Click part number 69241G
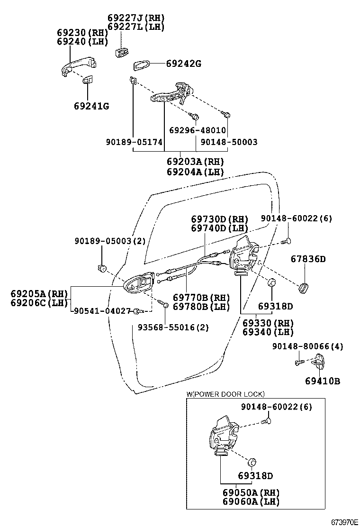[91, 106]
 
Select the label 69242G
[183, 64]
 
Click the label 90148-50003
[229, 142]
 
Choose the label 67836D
[308, 259]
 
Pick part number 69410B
[322, 381]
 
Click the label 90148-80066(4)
[307, 347]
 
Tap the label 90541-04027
[101, 311]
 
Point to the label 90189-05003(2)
[110, 241]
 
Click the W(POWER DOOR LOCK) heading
[225, 394]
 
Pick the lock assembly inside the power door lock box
[222, 436]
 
